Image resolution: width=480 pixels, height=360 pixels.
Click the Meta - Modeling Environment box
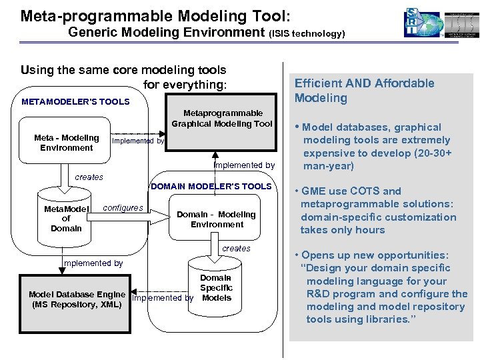point(66,143)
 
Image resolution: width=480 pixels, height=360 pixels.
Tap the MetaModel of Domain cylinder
point(66,218)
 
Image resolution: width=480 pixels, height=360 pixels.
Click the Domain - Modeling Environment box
point(216,219)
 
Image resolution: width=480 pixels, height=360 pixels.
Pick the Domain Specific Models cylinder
point(216,287)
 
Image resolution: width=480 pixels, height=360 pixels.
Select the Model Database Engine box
point(76,299)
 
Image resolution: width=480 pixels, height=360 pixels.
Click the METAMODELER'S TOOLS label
point(75,102)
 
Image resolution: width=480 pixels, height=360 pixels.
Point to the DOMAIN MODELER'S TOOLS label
point(211,187)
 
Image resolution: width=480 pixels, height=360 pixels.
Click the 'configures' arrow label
point(123,208)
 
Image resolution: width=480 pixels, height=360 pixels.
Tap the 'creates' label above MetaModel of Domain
point(89,177)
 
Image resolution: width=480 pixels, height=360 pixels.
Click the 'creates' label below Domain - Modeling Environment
point(236,249)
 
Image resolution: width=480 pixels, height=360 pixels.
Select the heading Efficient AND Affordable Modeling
point(364,91)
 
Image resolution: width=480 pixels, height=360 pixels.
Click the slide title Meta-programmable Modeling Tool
point(155,15)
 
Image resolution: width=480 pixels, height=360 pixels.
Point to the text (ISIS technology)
point(307,33)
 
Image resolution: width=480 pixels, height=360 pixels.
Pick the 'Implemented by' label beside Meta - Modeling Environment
point(138,141)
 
